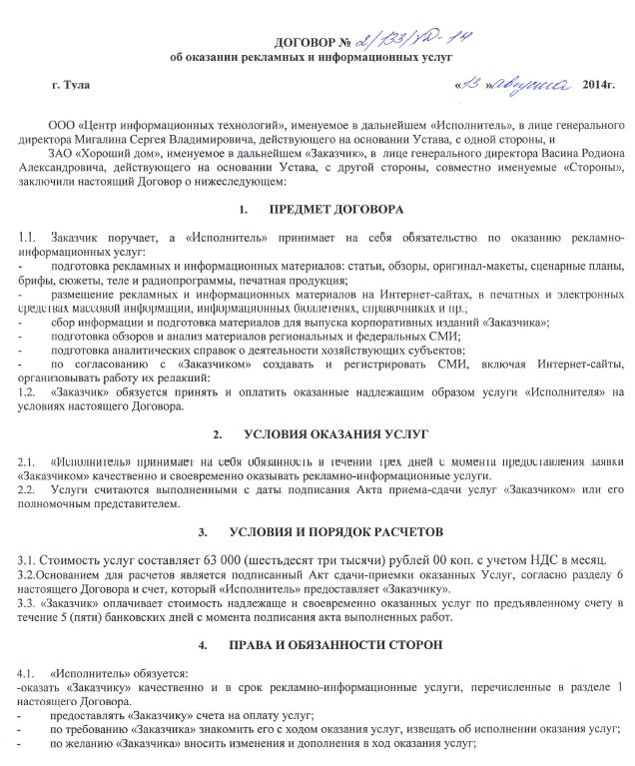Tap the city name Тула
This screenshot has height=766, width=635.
click(77, 85)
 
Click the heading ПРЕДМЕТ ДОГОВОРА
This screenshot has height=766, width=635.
click(336, 211)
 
